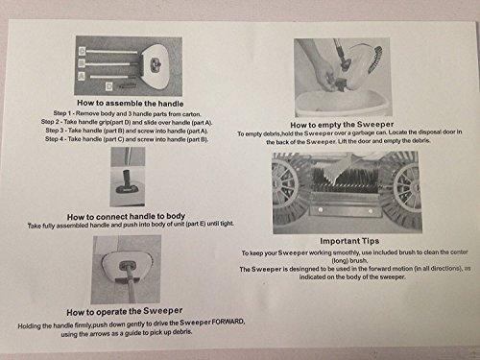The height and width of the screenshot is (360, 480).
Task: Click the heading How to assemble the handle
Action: [131, 104]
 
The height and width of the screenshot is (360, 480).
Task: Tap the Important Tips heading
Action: [349, 241]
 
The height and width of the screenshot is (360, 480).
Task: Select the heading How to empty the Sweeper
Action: [342, 125]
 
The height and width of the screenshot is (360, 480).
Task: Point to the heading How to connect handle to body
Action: [126, 217]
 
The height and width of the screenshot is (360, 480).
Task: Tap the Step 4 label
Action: [55, 139]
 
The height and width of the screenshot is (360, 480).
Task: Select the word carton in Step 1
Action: [191, 114]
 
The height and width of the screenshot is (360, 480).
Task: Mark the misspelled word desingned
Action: [304, 269]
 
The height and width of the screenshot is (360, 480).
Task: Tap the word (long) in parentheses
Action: [339, 261]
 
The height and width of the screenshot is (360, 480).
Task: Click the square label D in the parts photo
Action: [109, 86]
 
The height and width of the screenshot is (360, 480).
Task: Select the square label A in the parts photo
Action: [82, 76]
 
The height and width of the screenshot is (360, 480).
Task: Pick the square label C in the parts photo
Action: [83, 51]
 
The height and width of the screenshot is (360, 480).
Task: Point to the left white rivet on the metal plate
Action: [321, 210]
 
